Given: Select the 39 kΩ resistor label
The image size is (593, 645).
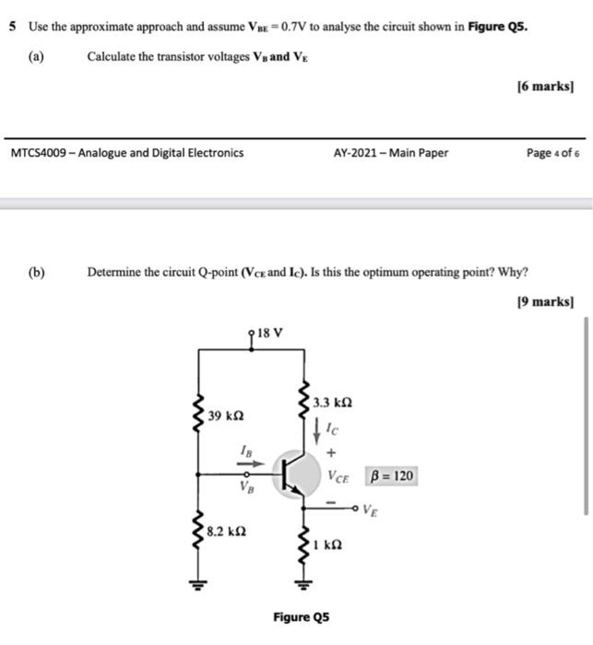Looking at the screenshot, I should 226,416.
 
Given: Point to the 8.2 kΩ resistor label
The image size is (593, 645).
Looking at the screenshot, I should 226,532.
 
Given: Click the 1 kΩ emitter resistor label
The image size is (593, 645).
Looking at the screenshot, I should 328,545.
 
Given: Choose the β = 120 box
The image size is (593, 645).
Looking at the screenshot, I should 391,476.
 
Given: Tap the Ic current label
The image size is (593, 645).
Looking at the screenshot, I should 333,428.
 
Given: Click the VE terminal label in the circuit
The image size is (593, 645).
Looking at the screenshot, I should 370,509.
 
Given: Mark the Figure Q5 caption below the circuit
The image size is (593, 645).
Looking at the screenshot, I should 301,616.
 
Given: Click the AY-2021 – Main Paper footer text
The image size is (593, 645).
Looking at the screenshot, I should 390,153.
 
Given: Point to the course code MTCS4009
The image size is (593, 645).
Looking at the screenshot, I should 41,153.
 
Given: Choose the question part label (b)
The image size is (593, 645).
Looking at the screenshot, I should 36,272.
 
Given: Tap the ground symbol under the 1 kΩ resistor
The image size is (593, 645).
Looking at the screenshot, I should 299,582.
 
